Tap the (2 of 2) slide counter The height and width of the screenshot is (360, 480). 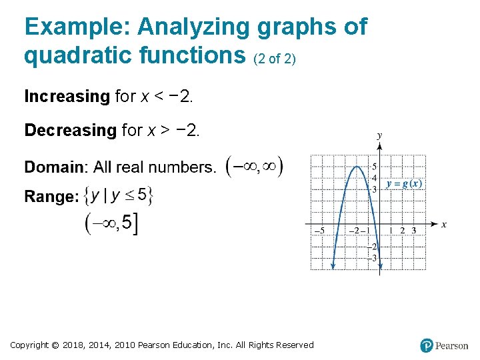point(275,59)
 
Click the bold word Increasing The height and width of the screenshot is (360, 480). point(67,97)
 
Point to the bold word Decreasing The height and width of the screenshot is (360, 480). point(70,131)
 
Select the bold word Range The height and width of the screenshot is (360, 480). point(51,197)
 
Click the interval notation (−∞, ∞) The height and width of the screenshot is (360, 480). point(255,167)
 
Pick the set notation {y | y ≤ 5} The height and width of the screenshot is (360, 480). point(122,195)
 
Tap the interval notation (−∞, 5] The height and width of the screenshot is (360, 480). point(112,224)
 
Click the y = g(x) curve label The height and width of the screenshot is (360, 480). point(405,184)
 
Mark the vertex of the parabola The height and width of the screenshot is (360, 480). point(358,166)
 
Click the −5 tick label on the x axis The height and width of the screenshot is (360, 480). point(319,231)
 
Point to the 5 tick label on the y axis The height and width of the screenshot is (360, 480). point(375,167)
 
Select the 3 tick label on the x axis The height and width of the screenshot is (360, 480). point(413,231)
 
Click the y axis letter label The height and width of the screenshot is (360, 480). point(379,135)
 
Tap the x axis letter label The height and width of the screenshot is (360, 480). point(444,225)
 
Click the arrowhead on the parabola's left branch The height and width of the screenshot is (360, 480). point(333,266)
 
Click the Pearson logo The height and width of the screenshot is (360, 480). point(444,345)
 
